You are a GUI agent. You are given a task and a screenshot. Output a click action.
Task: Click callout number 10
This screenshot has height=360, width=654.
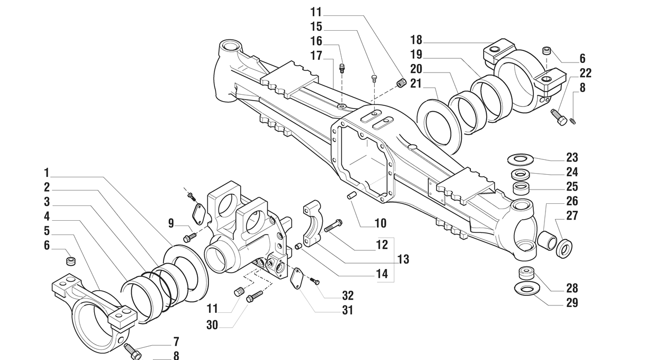coord(380,223)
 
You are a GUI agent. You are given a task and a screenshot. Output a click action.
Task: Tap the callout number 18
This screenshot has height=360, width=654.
coord(416,40)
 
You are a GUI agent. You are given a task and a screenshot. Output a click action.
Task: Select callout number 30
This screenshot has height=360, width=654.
coord(212,325)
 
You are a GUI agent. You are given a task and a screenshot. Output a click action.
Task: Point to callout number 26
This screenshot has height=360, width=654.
coord(572,201)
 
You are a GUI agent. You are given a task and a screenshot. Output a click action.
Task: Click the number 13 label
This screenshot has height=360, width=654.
coord(403,259)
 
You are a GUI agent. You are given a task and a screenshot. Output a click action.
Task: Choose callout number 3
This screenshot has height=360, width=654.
coord(47,202)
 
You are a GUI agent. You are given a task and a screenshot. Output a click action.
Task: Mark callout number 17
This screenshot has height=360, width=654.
coord(316,56)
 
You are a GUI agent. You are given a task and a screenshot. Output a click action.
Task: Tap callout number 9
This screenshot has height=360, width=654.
coord(171,223)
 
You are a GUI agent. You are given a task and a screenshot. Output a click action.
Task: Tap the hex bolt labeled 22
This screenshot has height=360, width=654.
coord(559,116)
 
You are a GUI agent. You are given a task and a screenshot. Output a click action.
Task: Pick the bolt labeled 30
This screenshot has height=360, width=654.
coord(255,296)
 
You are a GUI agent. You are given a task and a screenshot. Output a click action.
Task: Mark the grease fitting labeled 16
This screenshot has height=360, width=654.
coord(342,67)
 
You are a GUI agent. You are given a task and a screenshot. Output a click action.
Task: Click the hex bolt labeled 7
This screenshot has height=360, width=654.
coord(131,350)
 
